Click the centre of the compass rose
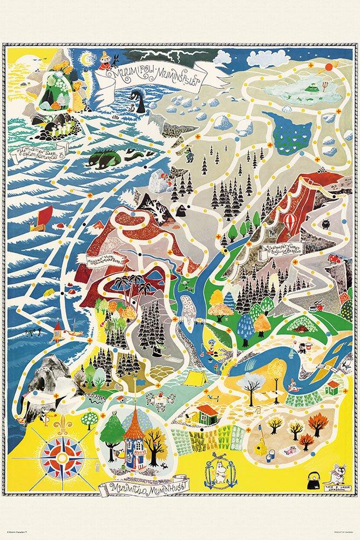tap(63, 458)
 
